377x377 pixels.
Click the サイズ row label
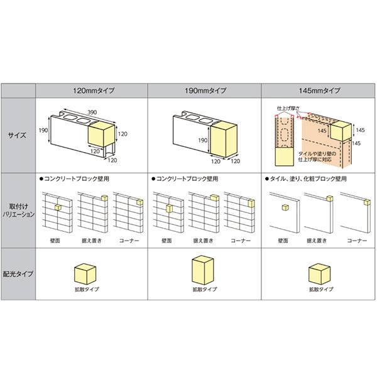pyautogui.click(x=18, y=134)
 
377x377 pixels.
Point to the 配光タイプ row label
pyautogui.click(x=18, y=275)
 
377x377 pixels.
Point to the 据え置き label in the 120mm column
pyautogui.click(x=89, y=241)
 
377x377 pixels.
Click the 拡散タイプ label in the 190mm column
pyautogui.click(x=205, y=290)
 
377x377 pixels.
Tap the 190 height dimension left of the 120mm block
pyautogui.click(x=43, y=130)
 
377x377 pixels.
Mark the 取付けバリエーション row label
pyautogui.click(x=18, y=210)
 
